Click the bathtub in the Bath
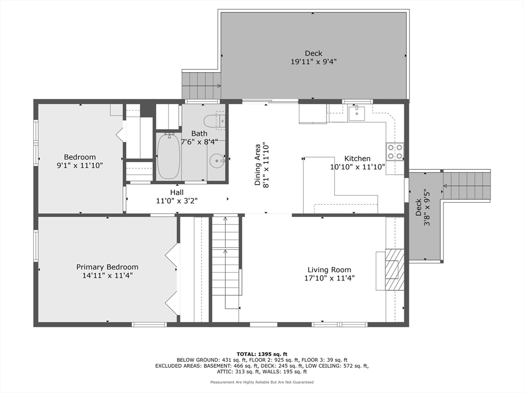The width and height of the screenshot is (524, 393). (169, 156)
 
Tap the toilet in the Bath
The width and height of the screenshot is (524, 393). (214, 121)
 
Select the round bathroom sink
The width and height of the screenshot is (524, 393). (217, 161)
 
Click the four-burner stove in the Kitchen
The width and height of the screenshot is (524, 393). (395, 151)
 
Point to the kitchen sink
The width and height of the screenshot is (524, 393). (358, 113)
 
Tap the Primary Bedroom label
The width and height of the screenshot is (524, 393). (107, 267)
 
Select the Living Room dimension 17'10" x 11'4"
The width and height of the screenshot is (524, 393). (329, 278)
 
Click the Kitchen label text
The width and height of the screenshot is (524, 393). (357, 159)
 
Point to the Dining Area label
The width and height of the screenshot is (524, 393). (257, 165)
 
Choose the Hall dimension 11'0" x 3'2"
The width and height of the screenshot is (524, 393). (177, 201)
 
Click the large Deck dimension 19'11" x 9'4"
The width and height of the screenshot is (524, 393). (314, 61)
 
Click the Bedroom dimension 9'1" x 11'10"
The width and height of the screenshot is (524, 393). (80, 165)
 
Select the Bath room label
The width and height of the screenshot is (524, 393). (199, 134)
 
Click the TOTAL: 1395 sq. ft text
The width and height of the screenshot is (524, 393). (262, 354)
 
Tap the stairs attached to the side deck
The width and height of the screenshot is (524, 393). (467, 186)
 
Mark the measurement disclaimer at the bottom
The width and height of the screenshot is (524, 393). (262, 382)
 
